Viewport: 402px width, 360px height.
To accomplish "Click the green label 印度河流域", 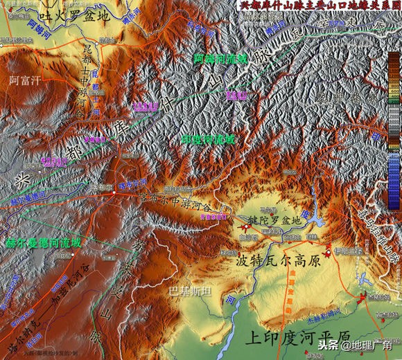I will [208, 139].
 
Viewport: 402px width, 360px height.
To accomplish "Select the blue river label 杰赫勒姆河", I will [326, 323].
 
